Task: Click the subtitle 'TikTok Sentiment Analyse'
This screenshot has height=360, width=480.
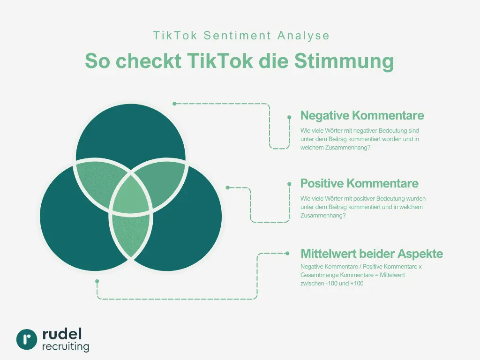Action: point(241,36)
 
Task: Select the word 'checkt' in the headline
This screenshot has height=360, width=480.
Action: point(148,61)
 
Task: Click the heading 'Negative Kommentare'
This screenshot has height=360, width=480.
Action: point(362,115)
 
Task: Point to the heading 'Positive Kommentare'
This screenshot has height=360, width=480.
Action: point(359,183)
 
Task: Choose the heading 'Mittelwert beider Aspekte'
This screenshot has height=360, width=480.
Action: point(371,254)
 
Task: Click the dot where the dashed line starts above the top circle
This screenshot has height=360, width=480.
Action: point(174,104)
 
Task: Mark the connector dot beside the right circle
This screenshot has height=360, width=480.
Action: point(228,187)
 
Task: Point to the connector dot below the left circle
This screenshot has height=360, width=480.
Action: point(97,281)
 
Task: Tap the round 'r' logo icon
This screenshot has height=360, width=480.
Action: point(27,339)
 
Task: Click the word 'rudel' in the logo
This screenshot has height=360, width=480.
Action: point(62,334)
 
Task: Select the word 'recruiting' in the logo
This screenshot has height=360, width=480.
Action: point(66,347)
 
